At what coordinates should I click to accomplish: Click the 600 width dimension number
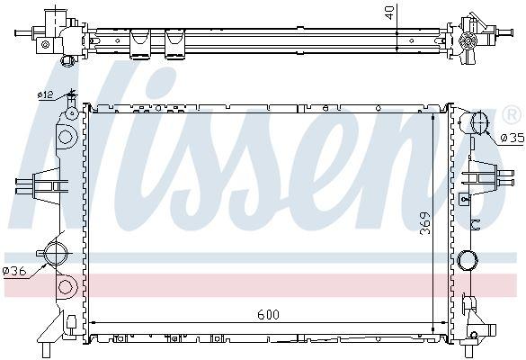[x=268, y=314]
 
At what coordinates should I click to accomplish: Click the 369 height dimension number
[x=425, y=223]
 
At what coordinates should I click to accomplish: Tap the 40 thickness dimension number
[x=389, y=13]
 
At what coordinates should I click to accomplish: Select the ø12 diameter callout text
[x=45, y=95]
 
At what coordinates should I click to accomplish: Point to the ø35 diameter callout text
[x=513, y=138]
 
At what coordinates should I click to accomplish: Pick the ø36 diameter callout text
[x=14, y=271]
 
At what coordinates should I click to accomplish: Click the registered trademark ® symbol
[x=513, y=115]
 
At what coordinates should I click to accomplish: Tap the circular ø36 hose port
[x=55, y=254]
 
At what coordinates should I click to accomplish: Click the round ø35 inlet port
[x=480, y=123]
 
